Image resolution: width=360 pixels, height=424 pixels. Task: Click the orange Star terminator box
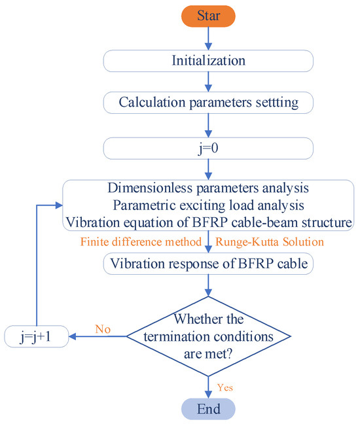point(208,14)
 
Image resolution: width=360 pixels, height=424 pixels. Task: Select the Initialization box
point(208,61)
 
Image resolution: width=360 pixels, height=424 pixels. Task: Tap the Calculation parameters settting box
point(208,102)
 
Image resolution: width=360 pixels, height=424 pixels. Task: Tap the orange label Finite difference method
point(140,241)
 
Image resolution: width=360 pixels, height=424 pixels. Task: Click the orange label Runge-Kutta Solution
point(268,241)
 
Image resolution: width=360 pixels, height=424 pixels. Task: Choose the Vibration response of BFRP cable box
point(208,264)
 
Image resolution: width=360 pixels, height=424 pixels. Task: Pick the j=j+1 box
point(37,337)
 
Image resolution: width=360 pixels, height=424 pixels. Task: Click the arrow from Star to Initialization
point(208,38)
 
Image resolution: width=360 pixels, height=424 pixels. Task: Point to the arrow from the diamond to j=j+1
point(98,337)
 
